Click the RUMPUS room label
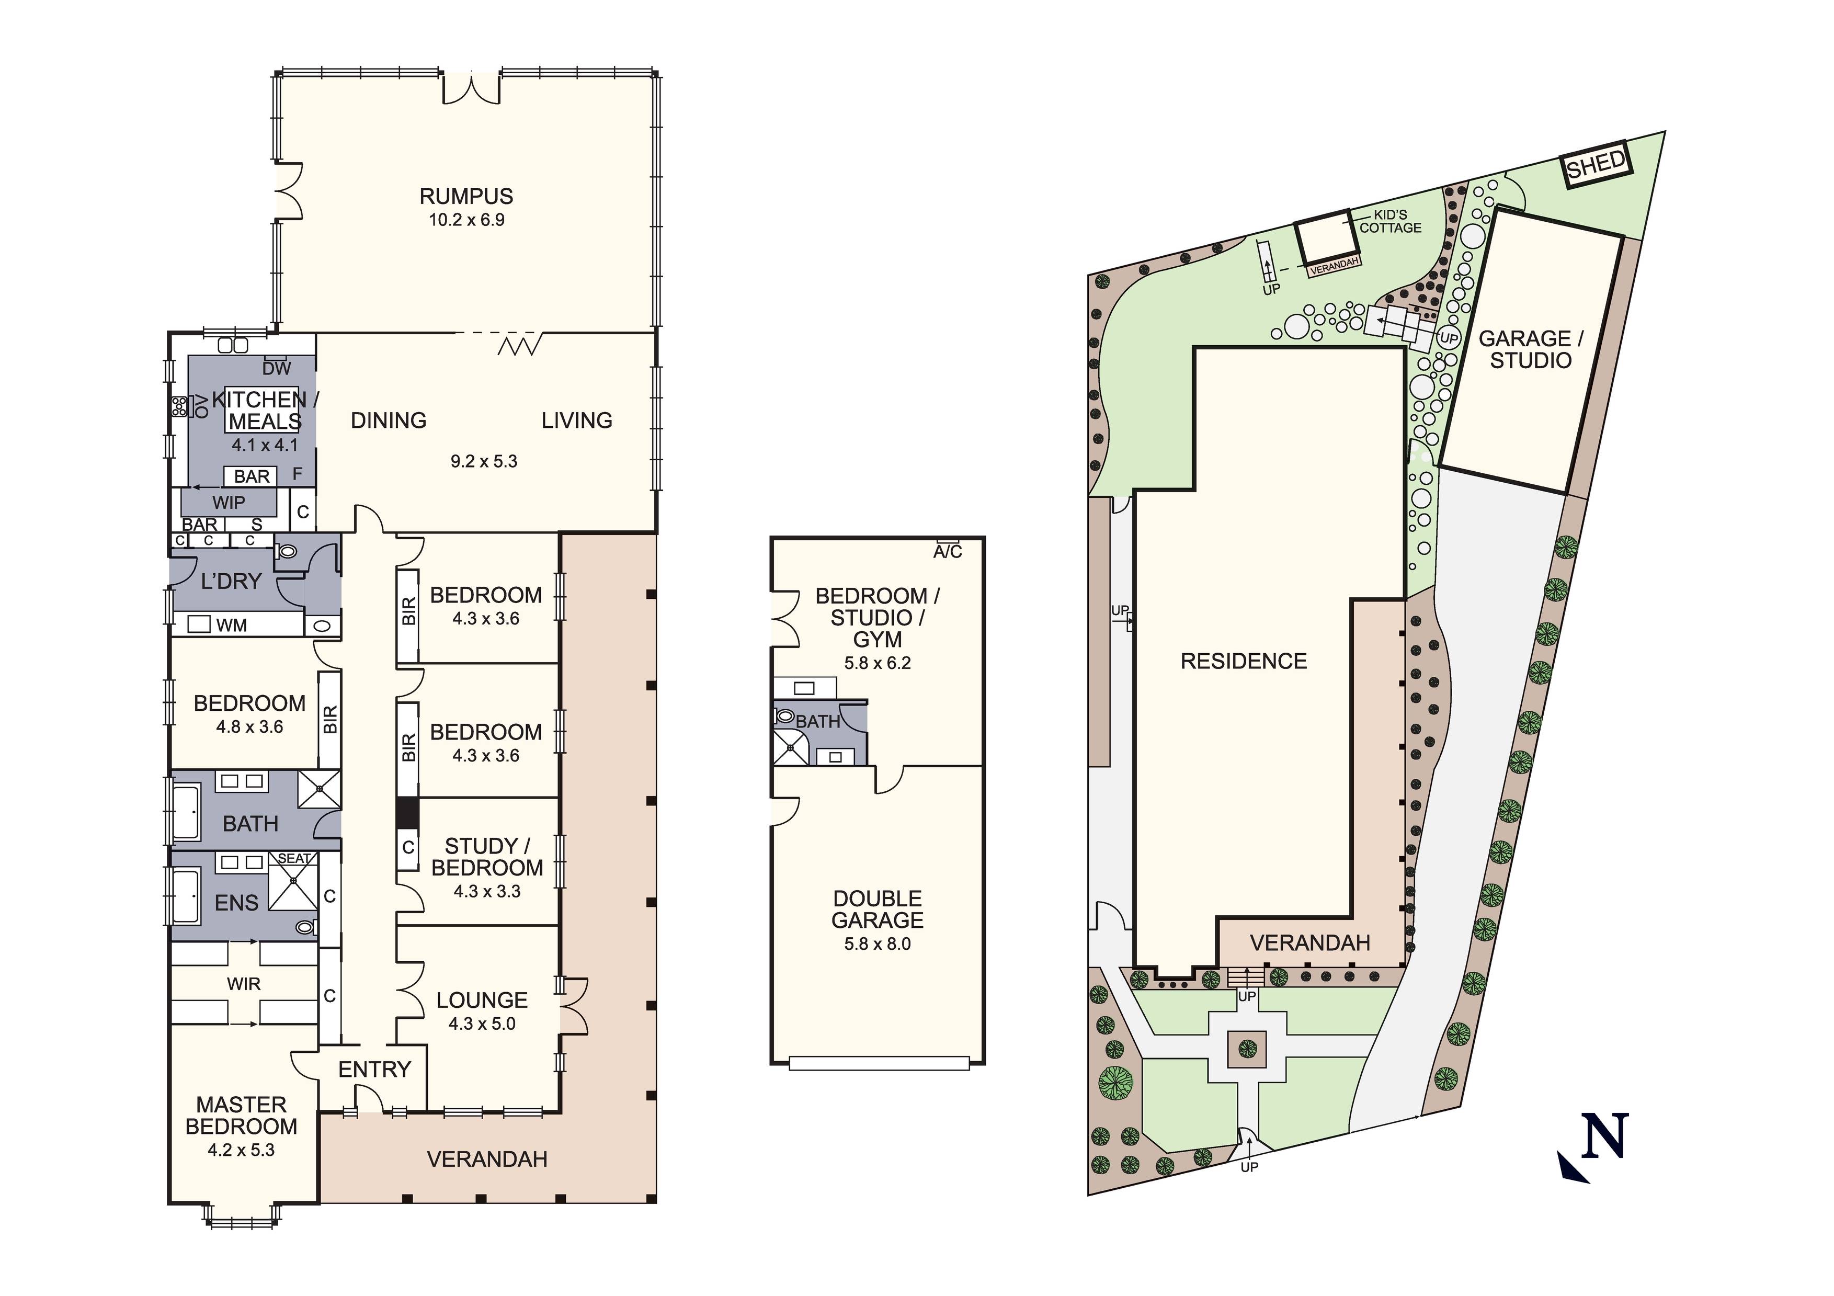coord(466,197)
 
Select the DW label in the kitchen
coord(276,368)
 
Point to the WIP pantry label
coord(229,503)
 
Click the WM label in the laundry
coord(232,626)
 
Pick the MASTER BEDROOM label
coord(241,1116)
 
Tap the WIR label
coord(244,984)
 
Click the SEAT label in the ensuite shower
coord(294,859)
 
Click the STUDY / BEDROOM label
coord(487,857)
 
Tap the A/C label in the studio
coord(948,551)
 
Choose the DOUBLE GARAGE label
coord(877,910)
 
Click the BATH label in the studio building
coord(817,722)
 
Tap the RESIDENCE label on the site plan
coord(1244,662)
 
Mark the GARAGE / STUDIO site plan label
coord(1531,350)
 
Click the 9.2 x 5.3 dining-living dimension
coord(484,462)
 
